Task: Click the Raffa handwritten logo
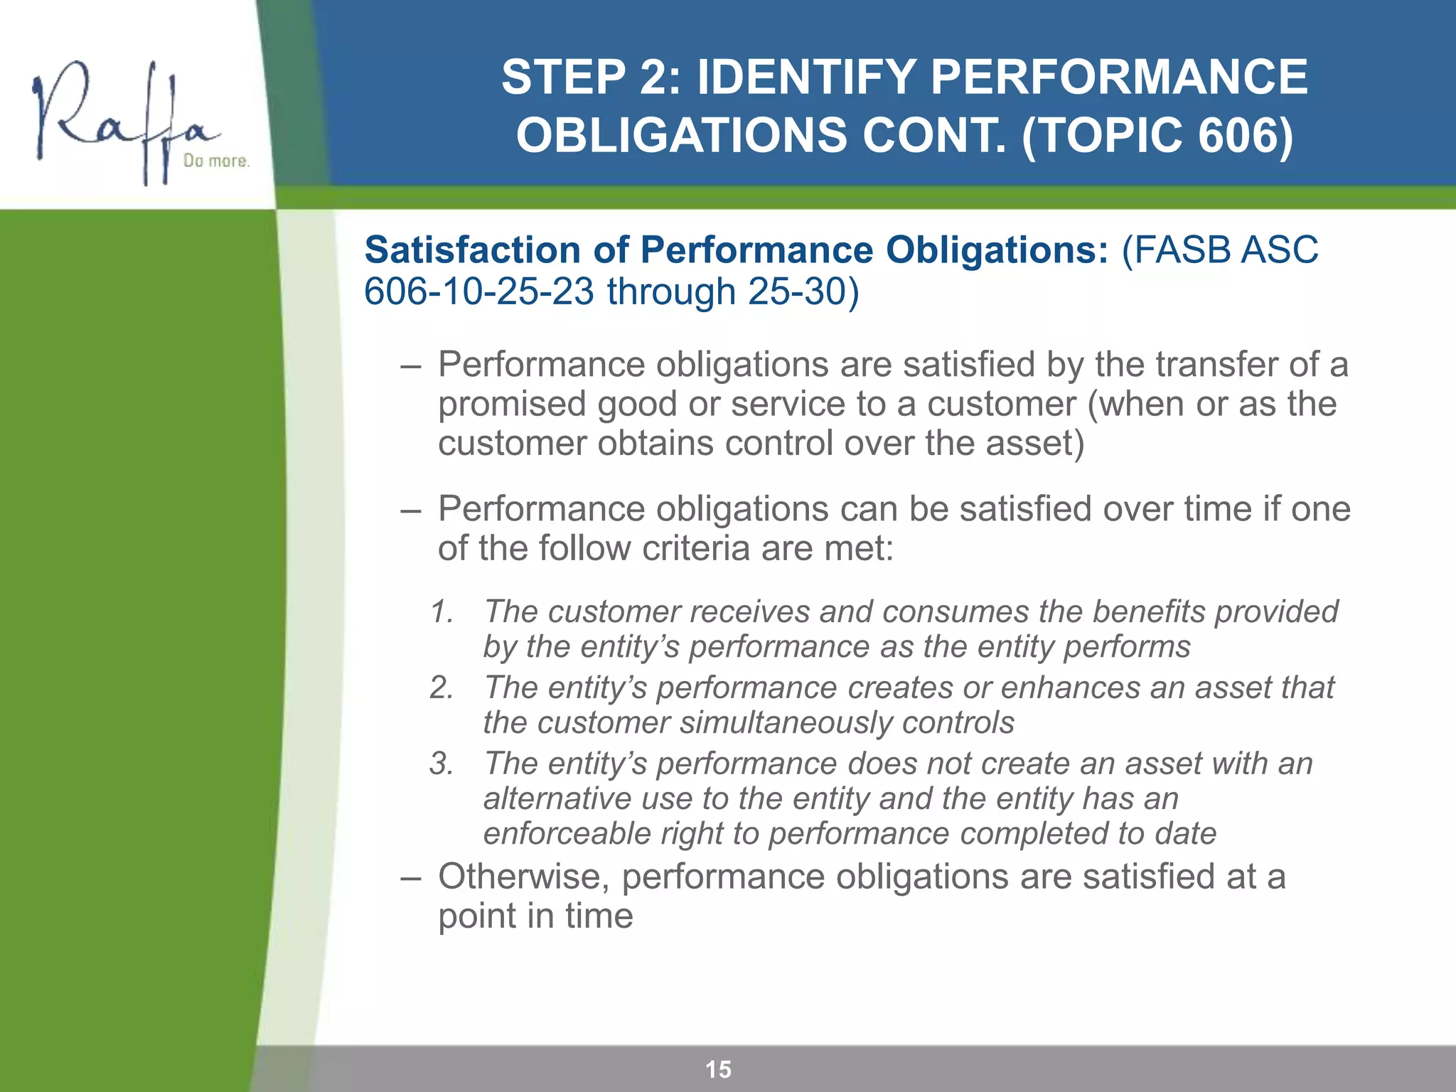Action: (x=124, y=121)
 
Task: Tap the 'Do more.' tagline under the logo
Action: (x=216, y=161)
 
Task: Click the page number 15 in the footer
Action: (x=718, y=1069)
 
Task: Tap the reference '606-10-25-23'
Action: (x=478, y=292)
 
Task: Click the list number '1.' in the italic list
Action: (x=442, y=612)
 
